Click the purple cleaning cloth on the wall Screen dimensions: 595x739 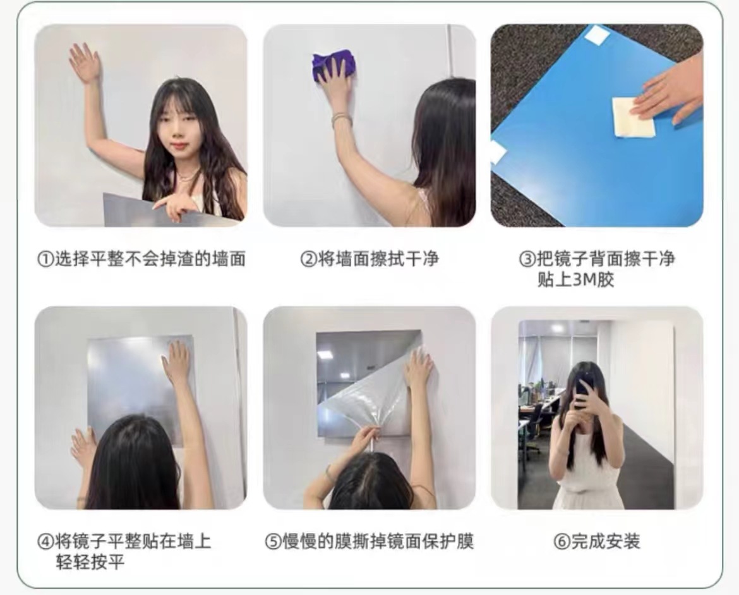pyautogui.click(x=333, y=65)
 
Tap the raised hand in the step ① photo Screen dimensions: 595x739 pyautogui.click(x=85, y=62)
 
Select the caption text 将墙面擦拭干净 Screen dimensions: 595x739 pyautogui.click(x=378, y=259)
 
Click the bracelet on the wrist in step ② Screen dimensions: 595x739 pyautogui.click(x=341, y=119)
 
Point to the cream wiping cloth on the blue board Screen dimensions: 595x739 pyautogui.click(x=633, y=118)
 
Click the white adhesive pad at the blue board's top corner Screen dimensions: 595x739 pyautogui.click(x=597, y=35)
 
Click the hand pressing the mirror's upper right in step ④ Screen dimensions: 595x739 pyautogui.click(x=176, y=363)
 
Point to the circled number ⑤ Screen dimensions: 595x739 pyautogui.click(x=272, y=543)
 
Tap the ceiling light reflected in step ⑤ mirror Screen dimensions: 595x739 pyautogui.click(x=325, y=355)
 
